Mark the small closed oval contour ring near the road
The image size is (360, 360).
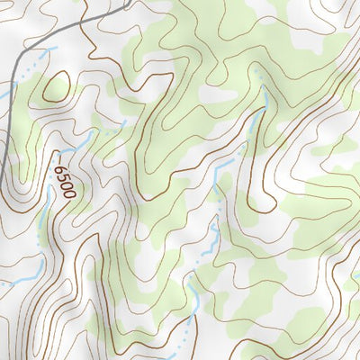tap(56, 86)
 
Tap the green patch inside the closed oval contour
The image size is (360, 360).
tap(56, 87)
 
